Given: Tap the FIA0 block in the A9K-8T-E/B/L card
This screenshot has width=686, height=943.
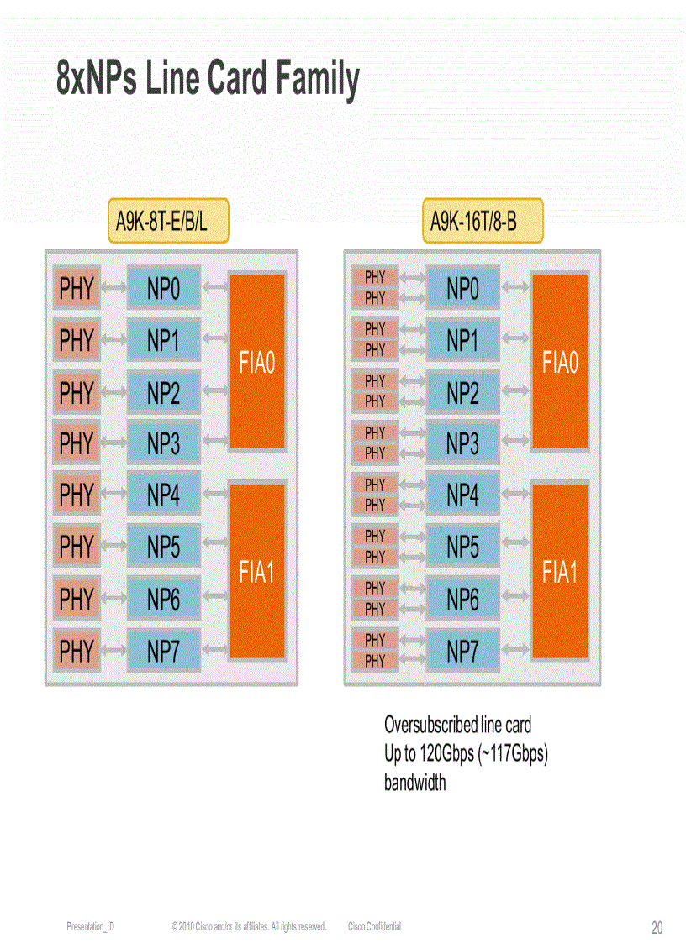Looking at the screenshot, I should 257,363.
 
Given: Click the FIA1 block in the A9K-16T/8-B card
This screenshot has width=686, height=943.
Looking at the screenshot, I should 560,573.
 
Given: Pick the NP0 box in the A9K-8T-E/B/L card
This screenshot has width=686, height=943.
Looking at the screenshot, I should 164,290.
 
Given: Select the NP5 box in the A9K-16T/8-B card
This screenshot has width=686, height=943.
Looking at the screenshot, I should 462,547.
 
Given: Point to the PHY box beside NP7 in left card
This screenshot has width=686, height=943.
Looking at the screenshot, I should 77,651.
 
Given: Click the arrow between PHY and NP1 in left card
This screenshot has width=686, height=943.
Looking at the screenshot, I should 113,341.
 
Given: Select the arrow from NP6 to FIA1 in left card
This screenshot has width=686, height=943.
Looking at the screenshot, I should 215,598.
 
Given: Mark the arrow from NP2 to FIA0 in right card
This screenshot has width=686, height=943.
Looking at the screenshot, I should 515,392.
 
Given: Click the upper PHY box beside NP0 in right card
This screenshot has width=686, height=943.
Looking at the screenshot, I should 375,277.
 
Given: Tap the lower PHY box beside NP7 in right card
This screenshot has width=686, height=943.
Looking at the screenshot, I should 375,661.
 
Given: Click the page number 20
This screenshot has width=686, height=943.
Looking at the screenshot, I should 657,927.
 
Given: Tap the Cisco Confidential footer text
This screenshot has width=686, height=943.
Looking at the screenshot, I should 374,926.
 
